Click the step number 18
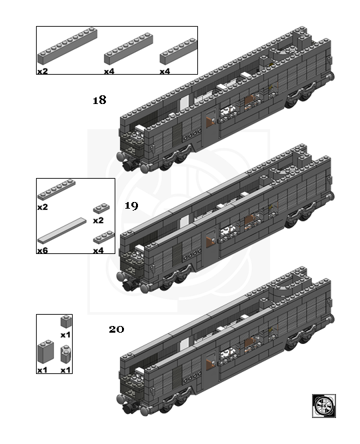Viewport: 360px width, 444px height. [x=99, y=100]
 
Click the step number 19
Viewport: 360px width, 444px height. [x=131, y=205]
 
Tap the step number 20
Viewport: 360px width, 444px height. [x=117, y=329]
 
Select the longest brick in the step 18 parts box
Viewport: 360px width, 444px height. [x=67, y=45]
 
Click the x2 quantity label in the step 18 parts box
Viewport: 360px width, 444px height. [x=43, y=71]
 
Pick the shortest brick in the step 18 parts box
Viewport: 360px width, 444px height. [x=179, y=51]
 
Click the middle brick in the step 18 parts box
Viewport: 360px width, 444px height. [x=129, y=49]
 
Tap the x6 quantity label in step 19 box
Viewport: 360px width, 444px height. [x=43, y=250]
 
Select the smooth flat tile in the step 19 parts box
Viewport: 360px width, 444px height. [x=62, y=231]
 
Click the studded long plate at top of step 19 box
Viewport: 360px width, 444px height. [x=57, y=190]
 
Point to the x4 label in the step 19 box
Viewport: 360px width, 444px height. [x=98, y=250]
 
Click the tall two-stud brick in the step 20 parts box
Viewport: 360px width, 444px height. [x=45, y=352]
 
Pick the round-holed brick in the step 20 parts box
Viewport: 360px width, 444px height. [x=66, y=354]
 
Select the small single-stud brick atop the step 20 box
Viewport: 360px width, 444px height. [x=66, y=322]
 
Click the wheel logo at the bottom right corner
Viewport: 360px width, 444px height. [x=324, y=406]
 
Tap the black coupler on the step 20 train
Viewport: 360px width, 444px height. [x=129, y=408]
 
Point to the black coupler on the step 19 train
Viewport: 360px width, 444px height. [x=129, y=285]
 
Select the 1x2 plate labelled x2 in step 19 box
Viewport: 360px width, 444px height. [x=101, y=208]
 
